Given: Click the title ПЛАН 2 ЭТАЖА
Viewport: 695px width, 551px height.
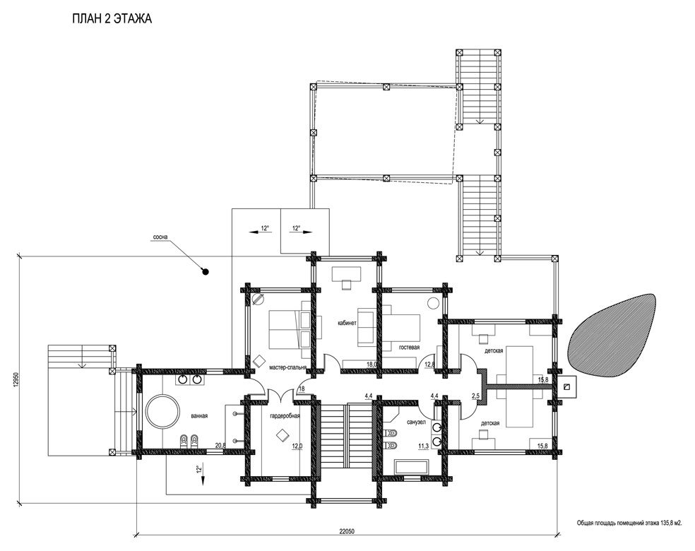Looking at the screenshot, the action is click(112, 18).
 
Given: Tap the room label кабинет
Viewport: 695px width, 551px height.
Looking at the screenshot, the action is click(347, 323).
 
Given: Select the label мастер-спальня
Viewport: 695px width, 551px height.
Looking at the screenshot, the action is click(287, 367).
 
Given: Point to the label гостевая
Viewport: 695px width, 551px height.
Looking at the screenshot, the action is click(409, 347).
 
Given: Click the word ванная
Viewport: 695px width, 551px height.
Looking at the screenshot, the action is click(199, 416).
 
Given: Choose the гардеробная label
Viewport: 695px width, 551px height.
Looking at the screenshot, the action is click(285, 416).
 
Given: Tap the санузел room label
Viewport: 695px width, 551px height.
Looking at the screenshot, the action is click(416, 422).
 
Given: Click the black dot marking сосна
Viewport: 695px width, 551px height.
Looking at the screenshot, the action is click(206, 272).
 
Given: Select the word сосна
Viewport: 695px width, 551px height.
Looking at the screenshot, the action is click(160, 237).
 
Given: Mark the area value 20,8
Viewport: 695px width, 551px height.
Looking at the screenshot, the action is click(220, 446).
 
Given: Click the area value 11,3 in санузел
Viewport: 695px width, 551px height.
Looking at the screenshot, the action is click(423, 446).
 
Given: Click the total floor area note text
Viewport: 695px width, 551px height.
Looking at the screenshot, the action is click(629, 523).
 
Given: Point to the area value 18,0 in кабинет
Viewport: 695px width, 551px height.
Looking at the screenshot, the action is click(372, 364).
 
